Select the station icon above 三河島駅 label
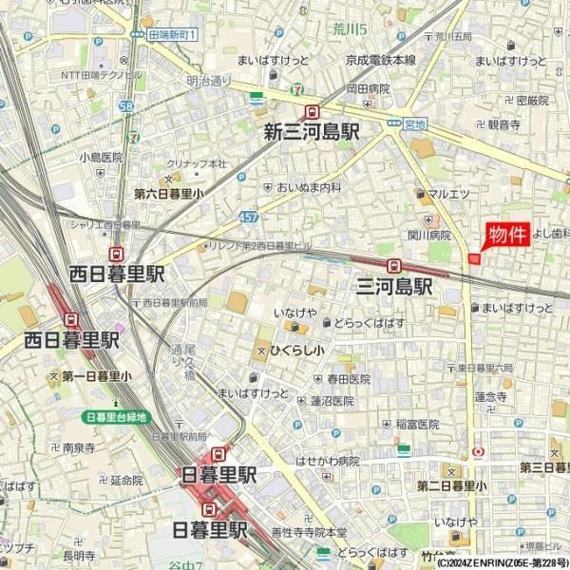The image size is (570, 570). (x=393, y=266)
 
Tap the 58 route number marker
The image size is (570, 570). (x=127, y=106)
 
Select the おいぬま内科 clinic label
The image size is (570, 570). (x=309, y=188)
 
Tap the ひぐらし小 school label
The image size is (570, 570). (x=296, y=351)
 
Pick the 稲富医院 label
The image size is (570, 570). (x=418, y=425)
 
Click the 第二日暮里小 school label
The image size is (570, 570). (x=451, y=486)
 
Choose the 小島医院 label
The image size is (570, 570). (x=102, y=157)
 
